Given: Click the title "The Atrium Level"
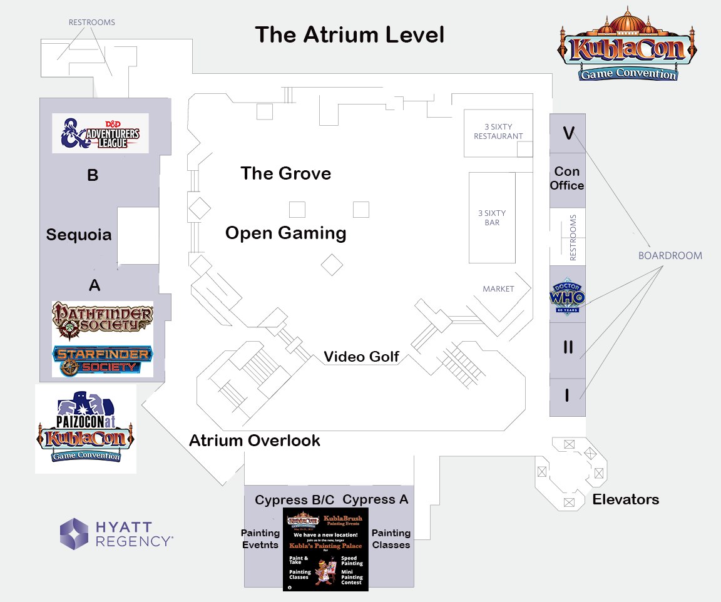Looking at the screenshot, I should [349, 35].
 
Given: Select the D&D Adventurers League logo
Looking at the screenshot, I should [100, 133].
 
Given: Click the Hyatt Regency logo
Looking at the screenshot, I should [116, 534].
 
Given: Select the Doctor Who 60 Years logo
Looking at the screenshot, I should [567, 295].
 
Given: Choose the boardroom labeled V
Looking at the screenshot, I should [568, 133].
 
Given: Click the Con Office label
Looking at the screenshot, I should [567, 178].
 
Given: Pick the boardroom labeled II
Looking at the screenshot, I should [568, 347].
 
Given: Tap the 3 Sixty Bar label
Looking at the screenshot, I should [492, 218].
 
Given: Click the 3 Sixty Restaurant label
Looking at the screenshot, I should [498, 131].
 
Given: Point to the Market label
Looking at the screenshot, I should [498, 289].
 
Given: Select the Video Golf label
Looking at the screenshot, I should [361, 357].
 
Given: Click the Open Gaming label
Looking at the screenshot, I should [285, 233].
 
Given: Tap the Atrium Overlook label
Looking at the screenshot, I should [255, 441].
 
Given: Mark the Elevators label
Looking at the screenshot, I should [626, 499].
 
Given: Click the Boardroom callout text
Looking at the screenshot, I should [670, 256].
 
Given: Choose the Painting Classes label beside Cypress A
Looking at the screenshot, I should [391, 539].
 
